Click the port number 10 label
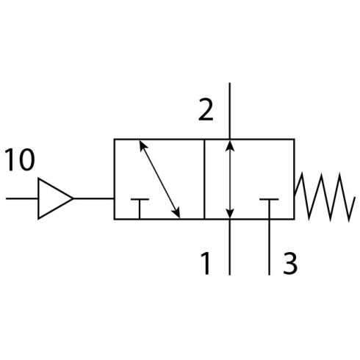tap(21, 159)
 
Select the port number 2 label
tap(206, 109)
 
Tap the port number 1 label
tap(206, 264)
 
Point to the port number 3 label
tap(290, 264)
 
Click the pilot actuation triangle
tap(54, 198)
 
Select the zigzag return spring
tap(325, 197)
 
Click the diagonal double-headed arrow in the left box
tap(159, 179)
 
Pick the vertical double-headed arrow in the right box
tap(229, 179)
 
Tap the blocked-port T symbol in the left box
tap(140, 209)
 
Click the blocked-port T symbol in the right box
tap(269, 209)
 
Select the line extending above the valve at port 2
tap(229, 111)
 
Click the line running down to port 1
tap(229, 248)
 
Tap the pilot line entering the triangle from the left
tap(22, 198)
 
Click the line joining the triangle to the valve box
tap(93, 198)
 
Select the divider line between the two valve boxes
tap(204, 179)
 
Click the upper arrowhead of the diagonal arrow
tap(143, 146)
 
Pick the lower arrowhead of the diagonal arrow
tap(176, 212)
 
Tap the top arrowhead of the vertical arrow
tap(229, 145)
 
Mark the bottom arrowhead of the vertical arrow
tap(229, 213)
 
